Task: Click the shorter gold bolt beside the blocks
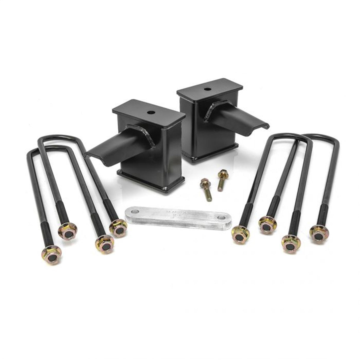[x=206, y=187]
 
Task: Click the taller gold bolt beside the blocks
[x=222, y=179]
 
